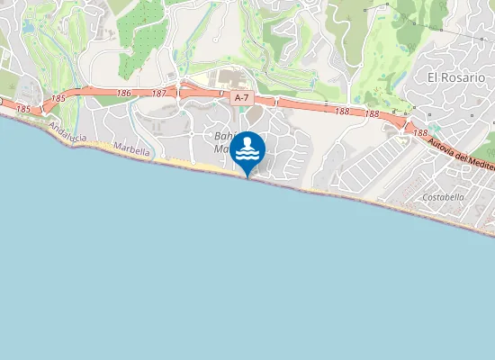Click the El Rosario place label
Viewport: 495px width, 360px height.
pos(456,77)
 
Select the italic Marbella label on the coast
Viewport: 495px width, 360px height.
pos(132,151)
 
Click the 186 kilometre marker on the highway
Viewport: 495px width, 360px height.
pos(124,93)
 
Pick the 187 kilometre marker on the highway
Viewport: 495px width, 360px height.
pos(159,94)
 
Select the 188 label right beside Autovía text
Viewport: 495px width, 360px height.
pos(420,132)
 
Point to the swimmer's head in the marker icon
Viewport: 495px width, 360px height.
pos(248,139)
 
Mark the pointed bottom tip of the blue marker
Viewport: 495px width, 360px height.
pos(248,177)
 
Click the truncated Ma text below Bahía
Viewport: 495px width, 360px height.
pos(221,150)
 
